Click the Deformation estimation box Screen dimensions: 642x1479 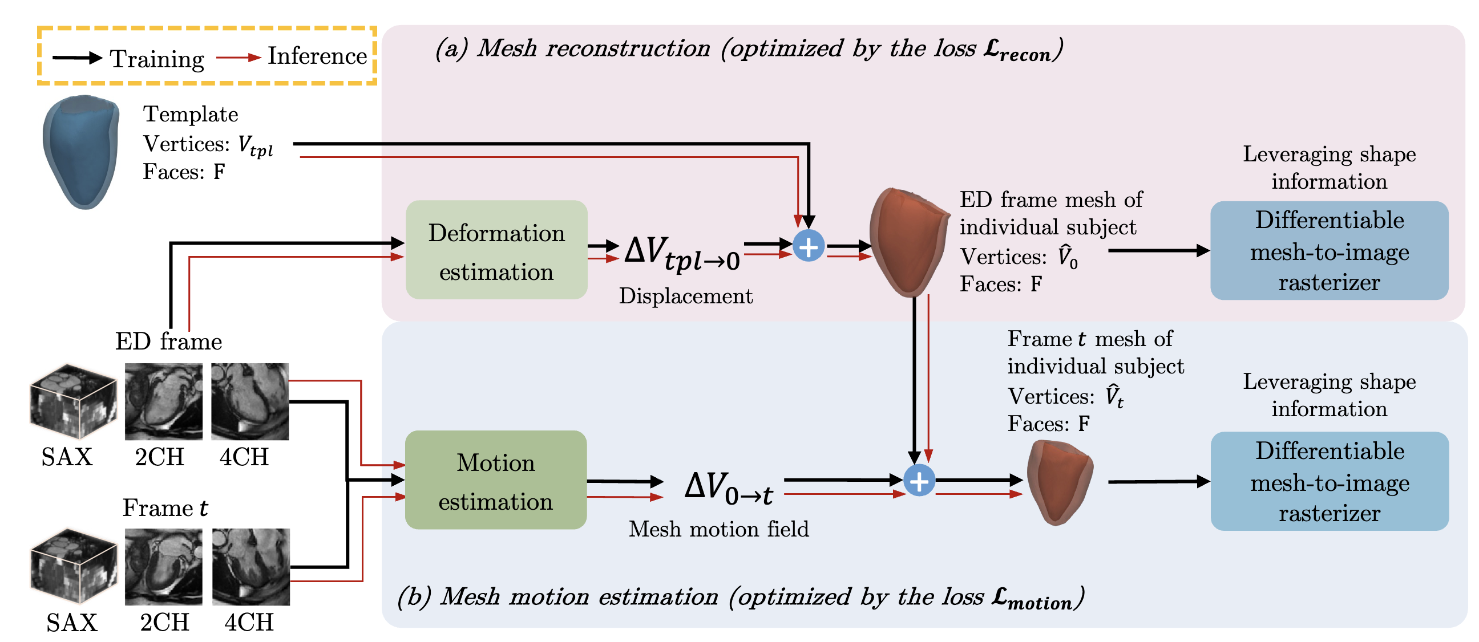(x=496, y=250)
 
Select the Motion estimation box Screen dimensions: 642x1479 (x=495, y=480)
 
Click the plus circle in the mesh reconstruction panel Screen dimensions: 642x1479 (x=809, y=246)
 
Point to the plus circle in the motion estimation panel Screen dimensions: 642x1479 (x=919, y=480)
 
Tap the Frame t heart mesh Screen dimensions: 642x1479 (x=1058, y=482)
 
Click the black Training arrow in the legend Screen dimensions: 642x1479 (x=77, y=58)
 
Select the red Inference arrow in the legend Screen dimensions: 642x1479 (x=239, y=58)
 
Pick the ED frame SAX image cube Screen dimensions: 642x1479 (x=73, y=401)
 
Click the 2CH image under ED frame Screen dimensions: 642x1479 (x=163, y=401)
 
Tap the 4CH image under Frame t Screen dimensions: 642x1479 (x=250, y=567)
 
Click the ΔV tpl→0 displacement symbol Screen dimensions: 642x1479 (x=681, y=254)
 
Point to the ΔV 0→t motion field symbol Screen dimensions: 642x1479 (x=728, y=488)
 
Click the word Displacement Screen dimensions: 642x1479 (x=685, y=296)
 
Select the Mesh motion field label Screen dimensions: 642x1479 (x=718, y=529)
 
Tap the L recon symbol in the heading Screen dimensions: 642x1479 (x=1016, y=50)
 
